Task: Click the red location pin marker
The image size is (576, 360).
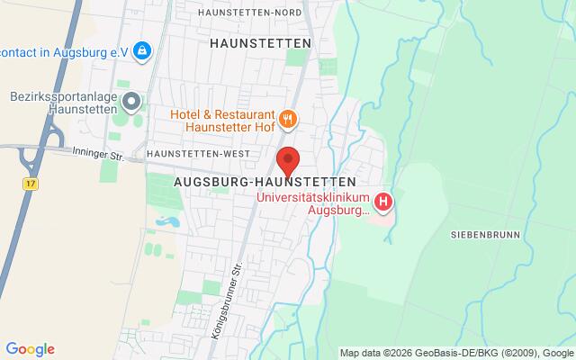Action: click(288, 160)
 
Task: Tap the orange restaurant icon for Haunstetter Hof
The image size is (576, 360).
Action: click(288, 117)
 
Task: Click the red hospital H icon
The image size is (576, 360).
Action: click(384, 201)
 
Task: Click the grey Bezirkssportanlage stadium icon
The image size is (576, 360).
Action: click(132, 102)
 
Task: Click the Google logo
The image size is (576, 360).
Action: click(30, 349)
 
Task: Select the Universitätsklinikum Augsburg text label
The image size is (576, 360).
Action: click(313, 203)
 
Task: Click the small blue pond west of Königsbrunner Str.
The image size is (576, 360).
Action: click(168, 220)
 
